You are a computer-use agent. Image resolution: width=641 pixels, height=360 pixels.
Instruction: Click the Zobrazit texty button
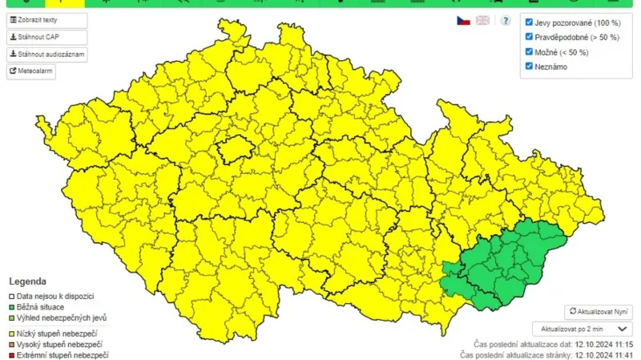click(x=46, y=20)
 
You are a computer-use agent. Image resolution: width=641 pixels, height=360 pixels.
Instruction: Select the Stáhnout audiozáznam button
click(x=46, y=54)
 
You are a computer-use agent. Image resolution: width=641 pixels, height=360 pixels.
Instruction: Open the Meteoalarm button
click(x=31, y=71)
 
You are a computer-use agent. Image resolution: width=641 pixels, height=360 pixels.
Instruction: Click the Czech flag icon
click(x=463, y=20)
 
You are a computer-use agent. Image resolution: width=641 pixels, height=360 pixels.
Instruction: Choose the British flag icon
click(x=482, y=20)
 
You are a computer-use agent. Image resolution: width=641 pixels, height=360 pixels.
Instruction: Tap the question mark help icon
click(x=506, y=20)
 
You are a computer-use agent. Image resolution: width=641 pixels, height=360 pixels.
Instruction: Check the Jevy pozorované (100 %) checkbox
click(x=529, y=23)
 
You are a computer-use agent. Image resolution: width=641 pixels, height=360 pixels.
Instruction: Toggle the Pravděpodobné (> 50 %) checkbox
click(x=529, y=38)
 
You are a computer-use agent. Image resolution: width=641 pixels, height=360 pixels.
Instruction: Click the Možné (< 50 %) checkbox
click(x=529, y=52)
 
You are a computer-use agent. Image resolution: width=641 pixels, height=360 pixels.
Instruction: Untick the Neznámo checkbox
click(x=529, y=67)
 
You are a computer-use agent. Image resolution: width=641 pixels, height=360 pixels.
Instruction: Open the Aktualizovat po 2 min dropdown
click(x=582, y=329)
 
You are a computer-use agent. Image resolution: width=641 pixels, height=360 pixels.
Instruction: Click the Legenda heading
click(x=27, y=282)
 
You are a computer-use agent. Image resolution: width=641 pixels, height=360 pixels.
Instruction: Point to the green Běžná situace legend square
click(x=12, y=307)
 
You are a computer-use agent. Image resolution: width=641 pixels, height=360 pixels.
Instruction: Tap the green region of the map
click(x=505, y=265)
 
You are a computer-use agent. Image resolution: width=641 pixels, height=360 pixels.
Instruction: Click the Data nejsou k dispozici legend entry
click(x=55, y=296)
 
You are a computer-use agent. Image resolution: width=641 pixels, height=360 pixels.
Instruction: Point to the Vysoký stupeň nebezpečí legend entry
click(x=59, y=344)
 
